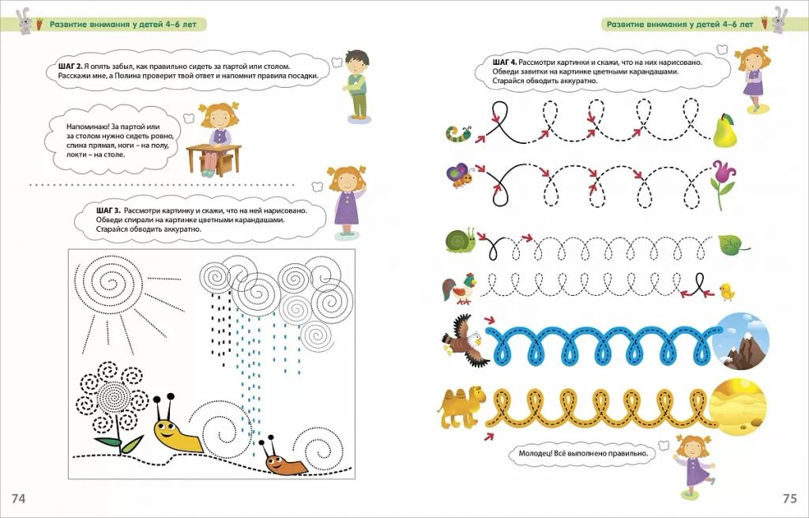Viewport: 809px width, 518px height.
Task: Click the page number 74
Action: tap(18, 498)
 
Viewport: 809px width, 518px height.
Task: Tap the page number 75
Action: tap(790, 498)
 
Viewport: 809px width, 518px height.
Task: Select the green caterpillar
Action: tap(459, 133)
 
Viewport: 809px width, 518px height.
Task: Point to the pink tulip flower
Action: tap(724, 184)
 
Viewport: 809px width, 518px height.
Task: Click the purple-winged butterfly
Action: tap(460, 175)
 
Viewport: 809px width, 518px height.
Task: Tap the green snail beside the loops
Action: tap(461, 240)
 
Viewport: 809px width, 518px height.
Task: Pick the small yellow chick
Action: tap(727, 291)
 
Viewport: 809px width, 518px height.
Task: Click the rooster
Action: tap(459, 289)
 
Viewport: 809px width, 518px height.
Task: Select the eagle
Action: tap(463, 340)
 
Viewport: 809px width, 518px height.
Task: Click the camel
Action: tap(461, 407)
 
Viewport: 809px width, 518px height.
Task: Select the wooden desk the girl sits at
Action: tap(213, 159)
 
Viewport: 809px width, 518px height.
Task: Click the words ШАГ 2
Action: tap(70, 66)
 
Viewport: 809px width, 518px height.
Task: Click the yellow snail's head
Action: tap(167, 427)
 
